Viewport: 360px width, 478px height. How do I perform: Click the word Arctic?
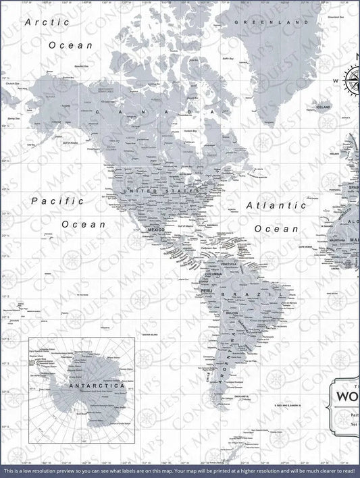tap(48, 22)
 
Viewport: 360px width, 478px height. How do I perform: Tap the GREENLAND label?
tap(257, 22)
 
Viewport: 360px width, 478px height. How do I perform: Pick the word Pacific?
tap(57, 201)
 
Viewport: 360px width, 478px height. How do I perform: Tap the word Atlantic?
tap(276, 205)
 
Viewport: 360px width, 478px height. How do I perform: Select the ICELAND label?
tap(324, 107)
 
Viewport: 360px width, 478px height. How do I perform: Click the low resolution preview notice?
tap(180, 470)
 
